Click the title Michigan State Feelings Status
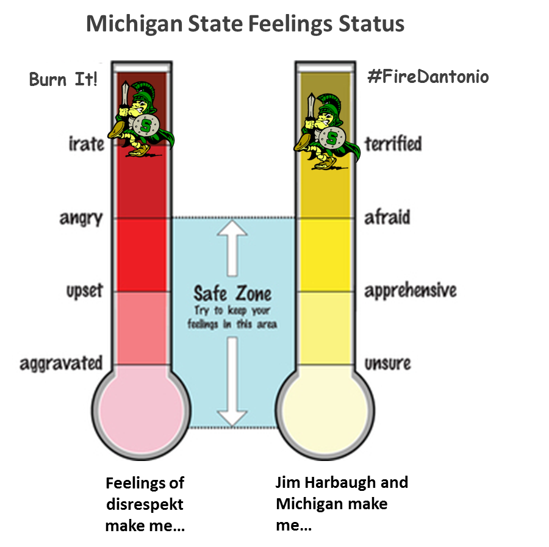pyautogui.click(x=245, y=24)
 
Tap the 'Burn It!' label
pyautogui.click(x=63, y=80)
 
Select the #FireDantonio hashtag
pyautogui.click(x=428, y=77)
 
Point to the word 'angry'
pyautogui.click(x=81, y=218)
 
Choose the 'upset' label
pyautogui.click(x=84, y=290)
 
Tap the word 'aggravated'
pyautogui.click(x=61, y=363)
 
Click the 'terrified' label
pyautogui.click(x=393, y=144)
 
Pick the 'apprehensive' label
pyautogui.click(x=410, y=291)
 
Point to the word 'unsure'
pyautogui.click(x=387, y=363)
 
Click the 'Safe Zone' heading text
pyautogui.click(x=232, y=293)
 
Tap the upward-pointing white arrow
pyautogui.click(x=232, y=246)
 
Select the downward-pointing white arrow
pyautogui.click(x=232, y=382)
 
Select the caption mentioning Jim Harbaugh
pyautogui.click(x=341, y=504)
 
